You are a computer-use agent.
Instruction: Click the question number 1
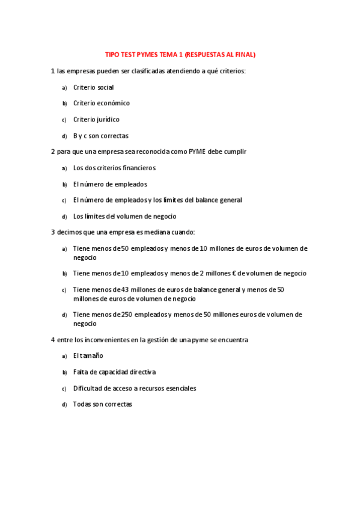point(53,71)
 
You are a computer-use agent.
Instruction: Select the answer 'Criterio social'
point(93,87)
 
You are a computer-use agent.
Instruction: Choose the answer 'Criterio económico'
point(101,103)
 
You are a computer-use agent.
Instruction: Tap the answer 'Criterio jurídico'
point(96,120)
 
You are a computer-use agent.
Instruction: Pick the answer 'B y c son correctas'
point(100,136)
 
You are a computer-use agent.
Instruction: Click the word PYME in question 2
point(197,152)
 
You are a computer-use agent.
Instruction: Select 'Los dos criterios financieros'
point(114,168)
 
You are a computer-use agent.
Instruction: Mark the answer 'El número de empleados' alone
point(110,184)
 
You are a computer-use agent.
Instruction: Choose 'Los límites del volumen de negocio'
point(124,217)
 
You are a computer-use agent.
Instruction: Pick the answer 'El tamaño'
point(88,356)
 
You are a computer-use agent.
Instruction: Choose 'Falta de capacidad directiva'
point(114,372)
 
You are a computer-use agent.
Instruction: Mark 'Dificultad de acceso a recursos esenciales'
point(135,389)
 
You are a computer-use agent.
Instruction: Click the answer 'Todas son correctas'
point(102,405)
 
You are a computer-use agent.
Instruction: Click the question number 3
point(53,232)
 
